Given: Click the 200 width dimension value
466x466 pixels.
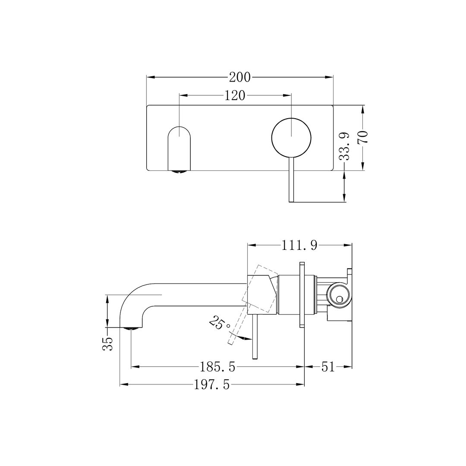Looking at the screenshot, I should click(x=239, y=77).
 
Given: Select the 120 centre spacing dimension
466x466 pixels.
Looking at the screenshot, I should click(x=235, y=95).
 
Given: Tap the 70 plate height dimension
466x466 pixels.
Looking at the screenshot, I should click(x=363, y=137).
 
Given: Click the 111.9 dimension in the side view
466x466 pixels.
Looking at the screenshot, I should click(x=299, y=246).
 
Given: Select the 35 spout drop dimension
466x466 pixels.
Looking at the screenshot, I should click(x=107, y=343).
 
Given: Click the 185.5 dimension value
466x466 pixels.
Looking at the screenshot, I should click(x=217, y=367).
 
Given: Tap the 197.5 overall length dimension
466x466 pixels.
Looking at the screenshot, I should click(x=211, y=385).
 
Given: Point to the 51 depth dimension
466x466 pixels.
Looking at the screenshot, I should click(x=328, y=367).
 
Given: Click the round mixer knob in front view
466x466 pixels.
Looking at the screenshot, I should click(x=291, y=136).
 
